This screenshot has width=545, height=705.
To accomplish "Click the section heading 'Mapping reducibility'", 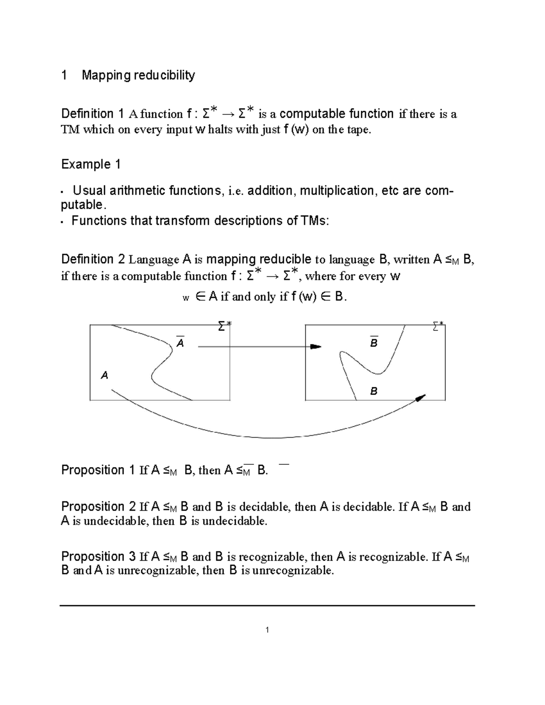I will (138, 75).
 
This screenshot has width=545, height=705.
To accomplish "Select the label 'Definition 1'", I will (92, 113).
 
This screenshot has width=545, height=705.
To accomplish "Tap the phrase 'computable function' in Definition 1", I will (337, 113).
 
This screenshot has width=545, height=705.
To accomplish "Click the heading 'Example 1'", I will (90, 164).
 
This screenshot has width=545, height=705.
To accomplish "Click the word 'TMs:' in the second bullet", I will (314, 221).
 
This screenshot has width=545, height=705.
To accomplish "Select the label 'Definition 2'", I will (93, 259).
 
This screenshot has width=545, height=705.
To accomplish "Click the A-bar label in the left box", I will (180, 343).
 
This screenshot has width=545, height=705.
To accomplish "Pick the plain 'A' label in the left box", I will (105, 375).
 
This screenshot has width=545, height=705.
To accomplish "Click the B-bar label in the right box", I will (374, 343).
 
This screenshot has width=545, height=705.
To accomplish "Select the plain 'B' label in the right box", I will (374, 391).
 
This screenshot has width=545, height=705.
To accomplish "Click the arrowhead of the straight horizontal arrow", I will (316, 347).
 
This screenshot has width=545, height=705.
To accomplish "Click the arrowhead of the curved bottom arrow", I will (421, 398).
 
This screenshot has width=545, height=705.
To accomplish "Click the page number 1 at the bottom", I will (268, 630).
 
